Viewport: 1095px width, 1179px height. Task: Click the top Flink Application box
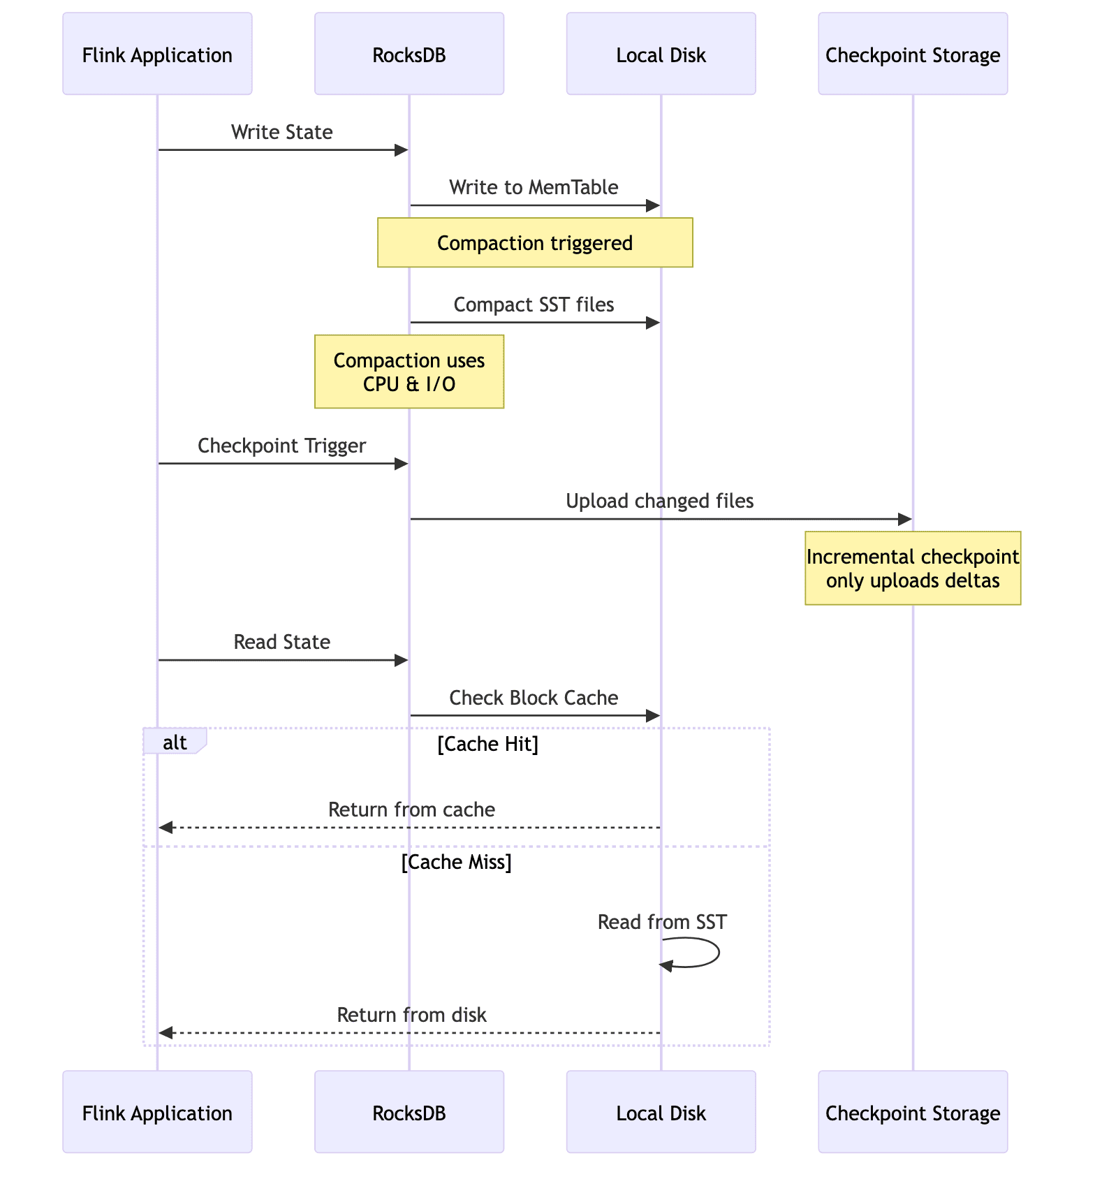157,54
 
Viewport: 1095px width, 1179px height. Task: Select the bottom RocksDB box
409,1112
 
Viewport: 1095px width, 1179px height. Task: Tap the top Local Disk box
661,54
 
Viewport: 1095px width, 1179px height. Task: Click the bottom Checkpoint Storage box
912,1112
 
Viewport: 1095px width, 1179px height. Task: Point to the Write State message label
281,132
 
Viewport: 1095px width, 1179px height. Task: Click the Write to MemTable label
534,187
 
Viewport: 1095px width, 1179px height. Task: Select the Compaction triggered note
534,242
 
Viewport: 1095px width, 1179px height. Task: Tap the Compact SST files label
534,305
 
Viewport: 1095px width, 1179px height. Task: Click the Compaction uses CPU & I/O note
409,372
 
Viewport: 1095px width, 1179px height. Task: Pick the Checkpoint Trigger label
281,446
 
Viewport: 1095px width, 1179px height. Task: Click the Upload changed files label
659,501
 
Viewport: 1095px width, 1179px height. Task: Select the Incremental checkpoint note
912,568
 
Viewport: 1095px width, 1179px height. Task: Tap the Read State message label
281,642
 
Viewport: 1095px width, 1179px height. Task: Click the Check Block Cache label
534,698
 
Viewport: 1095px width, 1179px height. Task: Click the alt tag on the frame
174,742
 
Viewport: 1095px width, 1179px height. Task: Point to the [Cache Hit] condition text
487,745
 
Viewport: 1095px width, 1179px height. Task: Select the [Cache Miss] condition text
456,863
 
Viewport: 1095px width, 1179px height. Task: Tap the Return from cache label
411,810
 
